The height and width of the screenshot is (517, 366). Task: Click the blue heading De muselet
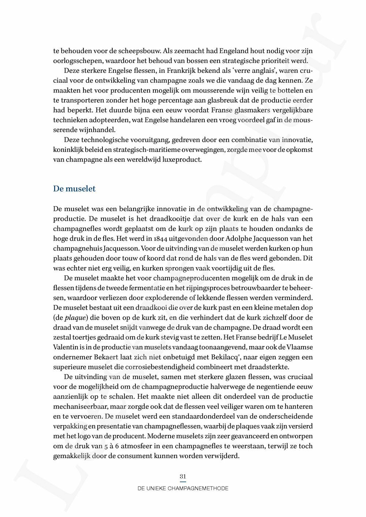coord(74,189)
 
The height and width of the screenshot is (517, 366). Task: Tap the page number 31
coord(183,476)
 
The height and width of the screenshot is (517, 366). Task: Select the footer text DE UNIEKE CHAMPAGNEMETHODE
coord(183,488)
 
